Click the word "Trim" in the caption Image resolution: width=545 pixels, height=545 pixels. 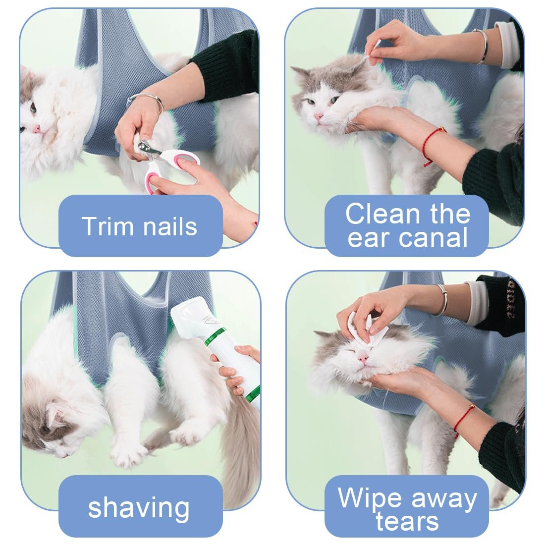108,226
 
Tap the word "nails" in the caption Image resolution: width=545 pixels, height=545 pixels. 170,226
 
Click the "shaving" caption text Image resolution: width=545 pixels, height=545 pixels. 139,508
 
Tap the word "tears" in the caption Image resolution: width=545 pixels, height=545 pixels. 407,521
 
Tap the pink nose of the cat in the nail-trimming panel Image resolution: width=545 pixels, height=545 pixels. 36,130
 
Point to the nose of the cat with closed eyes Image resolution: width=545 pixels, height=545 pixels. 363,358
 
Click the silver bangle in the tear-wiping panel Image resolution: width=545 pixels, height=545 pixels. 443,299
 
